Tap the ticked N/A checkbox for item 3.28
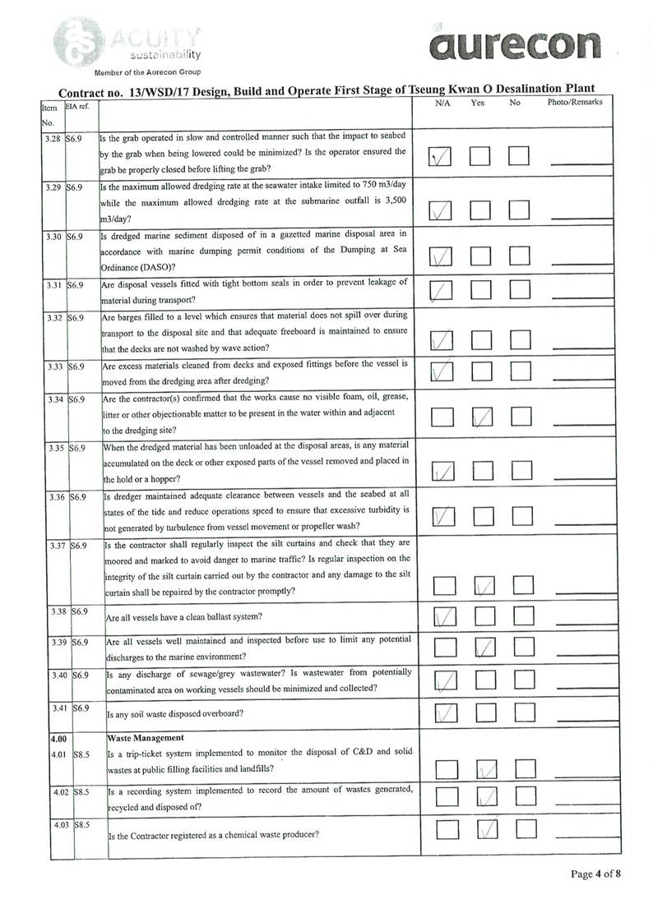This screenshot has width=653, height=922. tap(442, 156)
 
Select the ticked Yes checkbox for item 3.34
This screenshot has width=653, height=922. tap(484, 417)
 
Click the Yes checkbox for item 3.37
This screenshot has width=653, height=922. tap(484, 585)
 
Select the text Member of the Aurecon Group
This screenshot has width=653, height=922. tap(137, 71)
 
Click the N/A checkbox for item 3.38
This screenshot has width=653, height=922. tap(444, 616)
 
